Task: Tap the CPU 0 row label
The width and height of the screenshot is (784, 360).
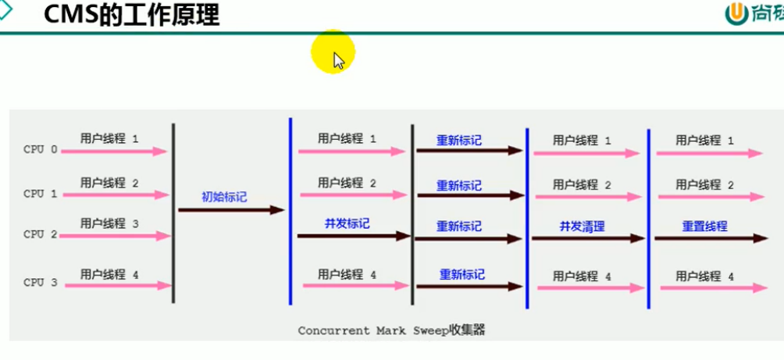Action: pyautogui.click(x=41, y=149)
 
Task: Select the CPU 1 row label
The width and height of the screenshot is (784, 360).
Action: pyautogui.click(x=41, y=193)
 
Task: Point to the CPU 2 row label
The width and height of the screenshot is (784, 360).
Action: pyautogui.click(x=41, y=233)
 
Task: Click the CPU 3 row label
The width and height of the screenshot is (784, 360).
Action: pyautogui.click(x=41, y=283)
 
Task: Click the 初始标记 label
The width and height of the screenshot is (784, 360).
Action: pyautogui.click(x=224, y=197)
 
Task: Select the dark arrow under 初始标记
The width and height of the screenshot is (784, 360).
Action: pyautogui.click(x=231, y=210)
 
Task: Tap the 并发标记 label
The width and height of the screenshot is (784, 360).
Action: pyautogui.click(x=347, y=223)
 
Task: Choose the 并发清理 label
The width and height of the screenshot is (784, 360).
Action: pyautogui.click(x=582, y=226)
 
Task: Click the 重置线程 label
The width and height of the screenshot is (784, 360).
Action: pyautogui.click(x=704, y=226)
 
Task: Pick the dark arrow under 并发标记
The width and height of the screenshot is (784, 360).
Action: pyautogui.click(x=354, y=236)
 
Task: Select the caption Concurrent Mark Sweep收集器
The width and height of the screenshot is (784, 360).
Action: pyautogui.click(x=391, y=330)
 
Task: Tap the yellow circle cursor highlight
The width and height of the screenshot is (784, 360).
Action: pyautogui.click(x=333, y=53)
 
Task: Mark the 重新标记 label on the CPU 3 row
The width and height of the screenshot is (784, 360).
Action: pyautogui.click(x=461, y=274)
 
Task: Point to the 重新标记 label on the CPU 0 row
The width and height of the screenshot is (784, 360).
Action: pyautogui.click(x=459, y=141)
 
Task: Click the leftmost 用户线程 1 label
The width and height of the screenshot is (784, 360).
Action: pyautogui.click(x=109, y=138)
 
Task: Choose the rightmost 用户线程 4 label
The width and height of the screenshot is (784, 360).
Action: pyautogui.click(x=704, y=276)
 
